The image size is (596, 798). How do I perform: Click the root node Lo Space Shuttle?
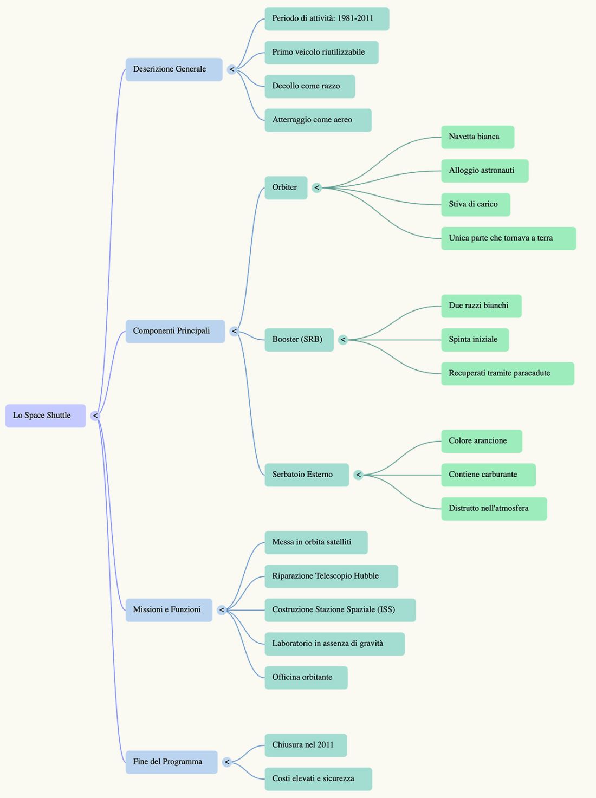coord(46,416)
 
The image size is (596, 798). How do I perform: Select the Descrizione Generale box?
coord(174,69)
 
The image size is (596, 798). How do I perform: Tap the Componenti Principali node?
coord(175,331)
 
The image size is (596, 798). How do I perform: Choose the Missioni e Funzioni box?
coord(169,610)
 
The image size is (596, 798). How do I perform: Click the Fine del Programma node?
coord(171,762)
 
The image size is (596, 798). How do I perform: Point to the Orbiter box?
coord(286,187)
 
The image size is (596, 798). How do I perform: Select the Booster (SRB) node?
coord(299,340)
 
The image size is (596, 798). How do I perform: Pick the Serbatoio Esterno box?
coord(307,475)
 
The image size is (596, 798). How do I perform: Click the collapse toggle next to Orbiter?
coord(317,187)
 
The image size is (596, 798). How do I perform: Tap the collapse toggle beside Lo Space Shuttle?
coord(95,416)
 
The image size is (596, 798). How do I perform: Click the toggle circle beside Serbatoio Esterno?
coord(358,475)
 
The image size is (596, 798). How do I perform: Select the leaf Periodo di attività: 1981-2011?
coord(327,18)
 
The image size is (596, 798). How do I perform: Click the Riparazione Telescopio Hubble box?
coord(331,576)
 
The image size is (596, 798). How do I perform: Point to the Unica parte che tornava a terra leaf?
coord(509,238)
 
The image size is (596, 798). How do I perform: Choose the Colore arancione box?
coord(482,441)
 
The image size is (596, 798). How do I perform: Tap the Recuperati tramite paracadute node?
coord(508,373)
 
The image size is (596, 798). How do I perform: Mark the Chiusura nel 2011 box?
coord(306,745)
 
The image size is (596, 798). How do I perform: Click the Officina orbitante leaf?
coord(306,678)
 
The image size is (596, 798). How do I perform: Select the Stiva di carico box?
coord(476,205)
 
